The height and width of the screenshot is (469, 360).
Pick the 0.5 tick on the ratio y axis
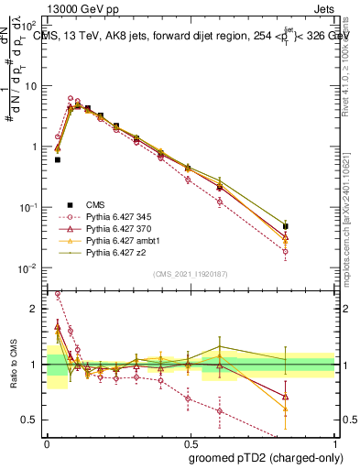pos(31,420)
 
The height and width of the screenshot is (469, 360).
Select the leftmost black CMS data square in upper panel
pos(58,159)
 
